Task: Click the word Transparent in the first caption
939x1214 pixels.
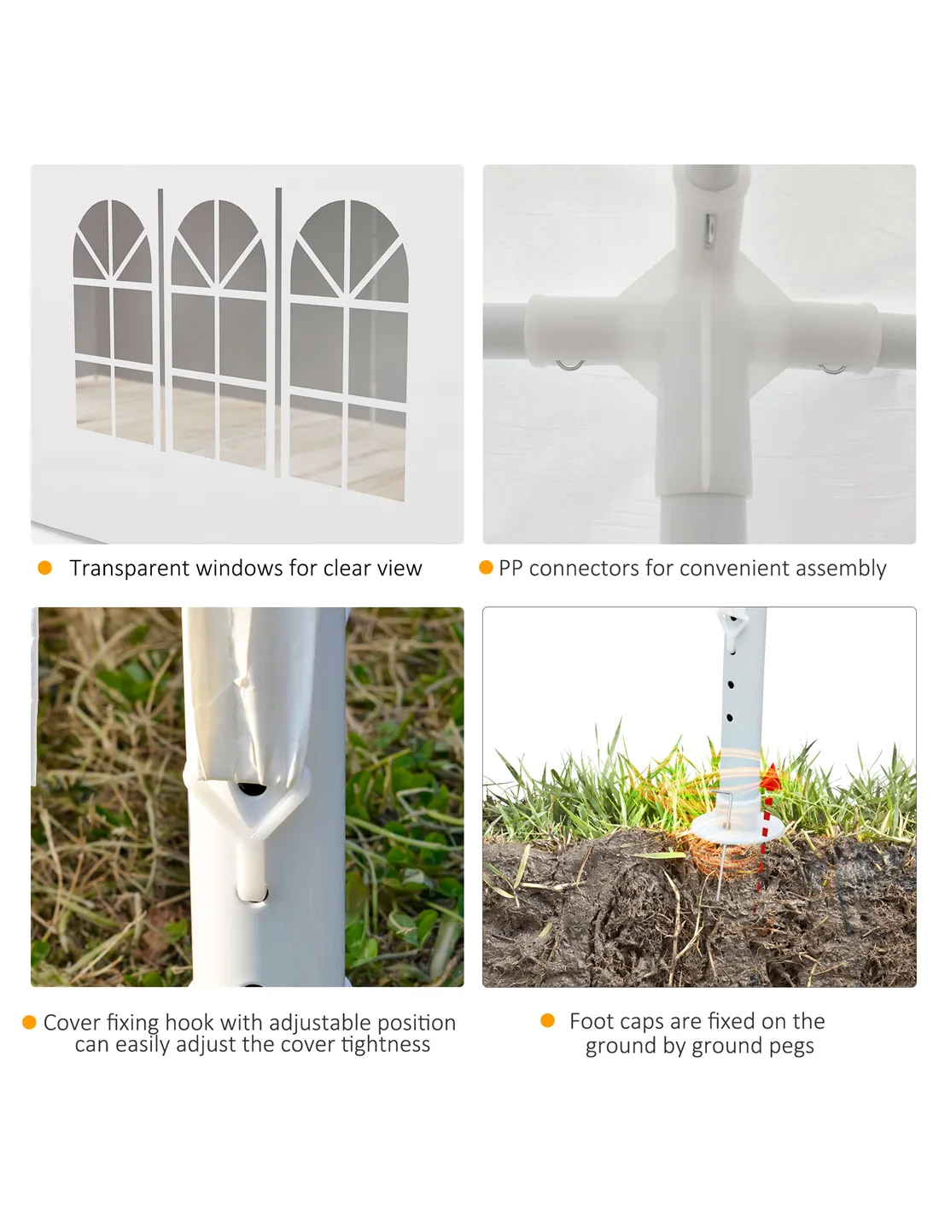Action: point(129,569)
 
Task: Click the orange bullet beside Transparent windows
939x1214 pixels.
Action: point(44,569)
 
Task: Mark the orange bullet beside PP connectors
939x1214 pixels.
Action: point(486,568)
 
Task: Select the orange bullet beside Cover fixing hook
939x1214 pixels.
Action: point(29,1023)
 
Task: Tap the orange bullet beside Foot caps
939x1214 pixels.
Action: point(547,1021)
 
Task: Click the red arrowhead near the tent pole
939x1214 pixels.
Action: point(770,779)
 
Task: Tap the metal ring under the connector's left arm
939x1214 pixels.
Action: point(570,366)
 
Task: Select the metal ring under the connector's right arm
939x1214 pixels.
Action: point(832,370)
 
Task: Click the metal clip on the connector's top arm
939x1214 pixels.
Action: point(709,230)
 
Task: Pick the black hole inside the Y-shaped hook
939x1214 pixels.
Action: point(253,790)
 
